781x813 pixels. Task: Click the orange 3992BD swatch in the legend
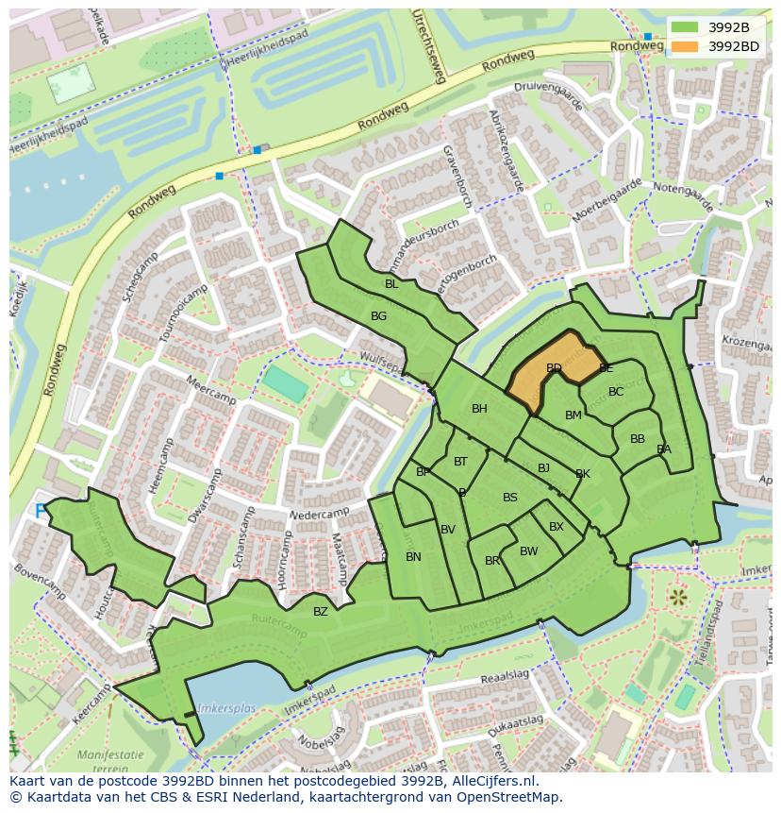tap(686, 45)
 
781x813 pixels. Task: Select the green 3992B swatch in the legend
tap(686, 26)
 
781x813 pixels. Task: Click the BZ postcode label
tap(321, 612)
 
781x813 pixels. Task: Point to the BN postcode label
tap(413, 557)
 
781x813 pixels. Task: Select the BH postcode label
tap(479, 409)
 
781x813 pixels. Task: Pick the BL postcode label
tap(390, 283)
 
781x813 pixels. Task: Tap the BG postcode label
tap(378, 316)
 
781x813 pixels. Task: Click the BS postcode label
tap(509, 498)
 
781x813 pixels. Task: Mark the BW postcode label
tap(528, 551)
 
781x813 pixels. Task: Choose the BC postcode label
tap(616, 392)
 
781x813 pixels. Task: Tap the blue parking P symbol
tap(40, 511)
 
